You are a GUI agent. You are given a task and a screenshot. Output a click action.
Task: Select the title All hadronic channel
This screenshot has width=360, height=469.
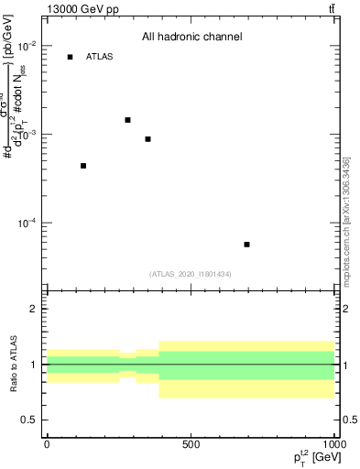191,38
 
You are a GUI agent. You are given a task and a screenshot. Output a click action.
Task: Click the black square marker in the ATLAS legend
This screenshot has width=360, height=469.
71,57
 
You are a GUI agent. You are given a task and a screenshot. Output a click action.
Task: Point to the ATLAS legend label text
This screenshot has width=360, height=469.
99,57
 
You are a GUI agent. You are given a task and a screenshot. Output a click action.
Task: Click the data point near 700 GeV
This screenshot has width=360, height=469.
247,245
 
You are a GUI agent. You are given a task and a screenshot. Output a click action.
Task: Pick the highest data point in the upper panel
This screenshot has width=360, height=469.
128,120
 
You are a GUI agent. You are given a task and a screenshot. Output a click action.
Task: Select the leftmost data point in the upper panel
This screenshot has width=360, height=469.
83,166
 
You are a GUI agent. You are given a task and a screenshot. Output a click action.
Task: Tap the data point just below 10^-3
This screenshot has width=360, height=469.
147,139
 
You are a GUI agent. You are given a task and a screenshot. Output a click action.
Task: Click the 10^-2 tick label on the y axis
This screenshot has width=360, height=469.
27,46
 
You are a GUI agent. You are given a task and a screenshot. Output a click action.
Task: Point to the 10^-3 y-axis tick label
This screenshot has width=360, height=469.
27,135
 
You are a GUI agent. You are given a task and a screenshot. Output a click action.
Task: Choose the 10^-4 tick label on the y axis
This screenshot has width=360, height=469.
27,224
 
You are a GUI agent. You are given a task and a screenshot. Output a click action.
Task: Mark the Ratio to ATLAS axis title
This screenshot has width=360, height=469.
14,364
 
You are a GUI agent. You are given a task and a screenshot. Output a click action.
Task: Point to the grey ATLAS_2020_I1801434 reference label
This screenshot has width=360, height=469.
191,274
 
